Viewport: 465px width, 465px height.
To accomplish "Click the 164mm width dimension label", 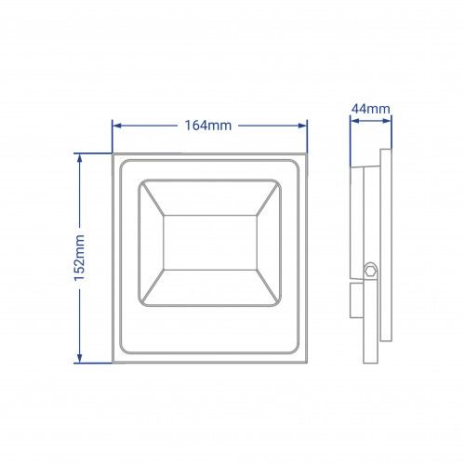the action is coord(208,126).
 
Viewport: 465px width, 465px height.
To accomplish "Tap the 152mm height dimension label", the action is coord(79,258).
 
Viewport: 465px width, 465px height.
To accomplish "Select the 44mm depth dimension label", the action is coord(371,109).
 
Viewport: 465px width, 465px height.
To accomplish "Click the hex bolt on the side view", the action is coord(370,271).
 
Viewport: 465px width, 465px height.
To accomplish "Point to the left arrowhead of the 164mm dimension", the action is coord(116,126).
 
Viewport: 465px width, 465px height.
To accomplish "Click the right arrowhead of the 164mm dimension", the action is coord(302,126).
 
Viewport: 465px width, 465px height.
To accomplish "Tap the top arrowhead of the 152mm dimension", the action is coord(79,158).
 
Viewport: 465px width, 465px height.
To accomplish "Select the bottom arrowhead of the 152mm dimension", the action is coord(79,358).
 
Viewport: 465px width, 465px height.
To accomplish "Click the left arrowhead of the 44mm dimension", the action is coord(354,121).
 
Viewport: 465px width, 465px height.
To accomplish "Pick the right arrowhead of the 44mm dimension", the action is coord(387,121).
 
